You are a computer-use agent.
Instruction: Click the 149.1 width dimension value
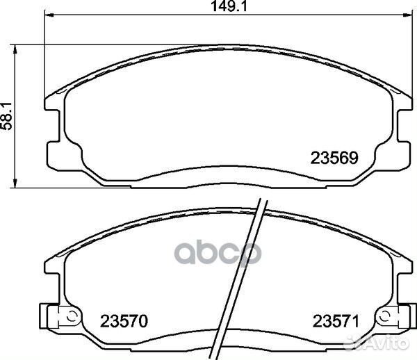[229, 6]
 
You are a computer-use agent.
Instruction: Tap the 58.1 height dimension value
[7, 115]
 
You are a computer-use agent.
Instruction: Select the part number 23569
[334, 158]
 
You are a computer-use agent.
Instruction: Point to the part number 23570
[124, 321]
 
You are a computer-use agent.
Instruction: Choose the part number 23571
[336, 321]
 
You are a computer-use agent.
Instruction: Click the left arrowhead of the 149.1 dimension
[49, 15]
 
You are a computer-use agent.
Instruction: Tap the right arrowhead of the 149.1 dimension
[409, 15]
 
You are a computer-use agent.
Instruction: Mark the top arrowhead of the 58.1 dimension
[15, 50]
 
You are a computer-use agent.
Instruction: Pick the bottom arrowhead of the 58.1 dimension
[15, 183]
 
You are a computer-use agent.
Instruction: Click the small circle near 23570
[71, 316]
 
